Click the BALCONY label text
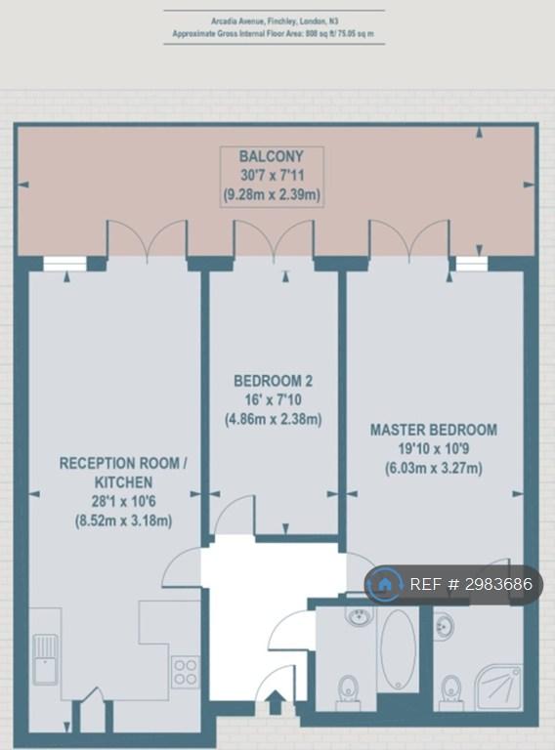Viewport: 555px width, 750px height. (x=272, y=156)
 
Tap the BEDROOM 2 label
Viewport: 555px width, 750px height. (x=273, y=381)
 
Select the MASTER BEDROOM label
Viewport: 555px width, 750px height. (x=434, y=430)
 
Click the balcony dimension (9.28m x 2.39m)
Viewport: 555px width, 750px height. (x=272, y=194)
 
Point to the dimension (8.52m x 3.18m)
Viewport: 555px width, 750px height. (x=123, y=521)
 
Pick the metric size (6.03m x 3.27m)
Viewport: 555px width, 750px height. (x=434, y=468)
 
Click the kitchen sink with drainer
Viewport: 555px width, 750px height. (x=46, y=659)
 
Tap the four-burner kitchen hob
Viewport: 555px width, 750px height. (x=185, y=672)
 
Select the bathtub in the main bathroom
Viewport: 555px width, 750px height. (x=398, y=649)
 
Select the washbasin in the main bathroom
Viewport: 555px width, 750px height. (x=358, y=616)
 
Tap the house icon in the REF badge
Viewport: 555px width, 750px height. (x=384, y=584)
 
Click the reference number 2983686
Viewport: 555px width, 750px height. (x=495, y=584)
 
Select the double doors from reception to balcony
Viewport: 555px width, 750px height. (x=147, y=240)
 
